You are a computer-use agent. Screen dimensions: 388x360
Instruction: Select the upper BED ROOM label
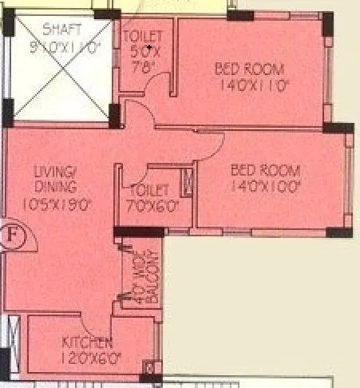[248, 68]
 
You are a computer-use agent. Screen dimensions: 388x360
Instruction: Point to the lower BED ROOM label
[265, 170]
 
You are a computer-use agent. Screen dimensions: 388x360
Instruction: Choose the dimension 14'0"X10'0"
[265, 187]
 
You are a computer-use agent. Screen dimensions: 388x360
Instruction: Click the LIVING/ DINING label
[55, 180]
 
